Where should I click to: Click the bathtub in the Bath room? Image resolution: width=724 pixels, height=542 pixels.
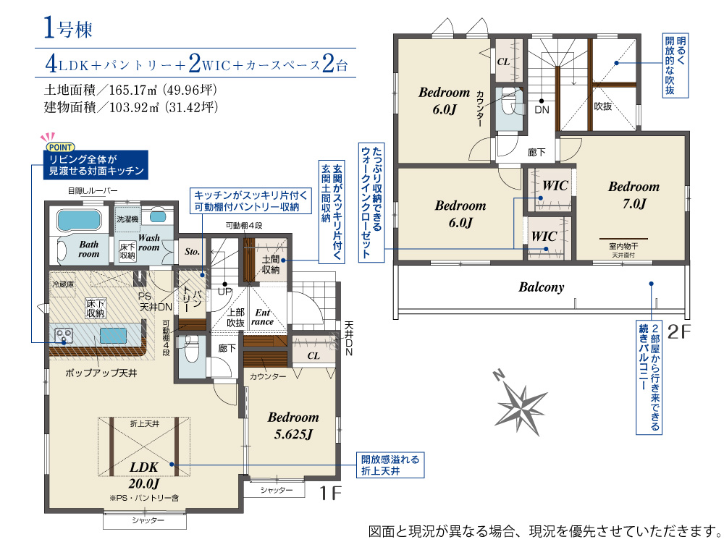coord(79,219)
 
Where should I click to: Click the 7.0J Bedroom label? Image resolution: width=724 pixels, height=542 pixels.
coord(634,195)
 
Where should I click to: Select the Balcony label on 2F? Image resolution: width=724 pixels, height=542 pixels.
coord(541,287)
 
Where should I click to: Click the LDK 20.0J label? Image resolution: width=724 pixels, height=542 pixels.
coord(144,475)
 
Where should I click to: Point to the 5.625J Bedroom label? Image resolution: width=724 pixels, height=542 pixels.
coord(293,425)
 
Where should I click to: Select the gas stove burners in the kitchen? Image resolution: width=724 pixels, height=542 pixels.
coord(63,335)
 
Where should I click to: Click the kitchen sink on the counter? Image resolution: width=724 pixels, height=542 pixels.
coord(113,335)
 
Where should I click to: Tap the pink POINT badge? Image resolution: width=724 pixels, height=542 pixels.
coord(60,147)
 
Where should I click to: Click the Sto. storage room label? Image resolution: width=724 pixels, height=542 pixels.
coord(192,252)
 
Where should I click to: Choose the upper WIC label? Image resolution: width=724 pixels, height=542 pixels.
coord(555,185)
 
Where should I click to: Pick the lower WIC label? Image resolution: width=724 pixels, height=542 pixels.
coord(544,237)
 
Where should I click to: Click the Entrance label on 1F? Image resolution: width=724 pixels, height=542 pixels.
coord(262,317)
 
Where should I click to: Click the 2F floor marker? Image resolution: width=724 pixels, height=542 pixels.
coord(679,331)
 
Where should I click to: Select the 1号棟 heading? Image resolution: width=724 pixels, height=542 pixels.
coord(68,28)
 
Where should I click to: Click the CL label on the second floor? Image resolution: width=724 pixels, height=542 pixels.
coord(503,62)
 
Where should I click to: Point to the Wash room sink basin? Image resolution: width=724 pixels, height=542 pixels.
coord(157,216)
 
